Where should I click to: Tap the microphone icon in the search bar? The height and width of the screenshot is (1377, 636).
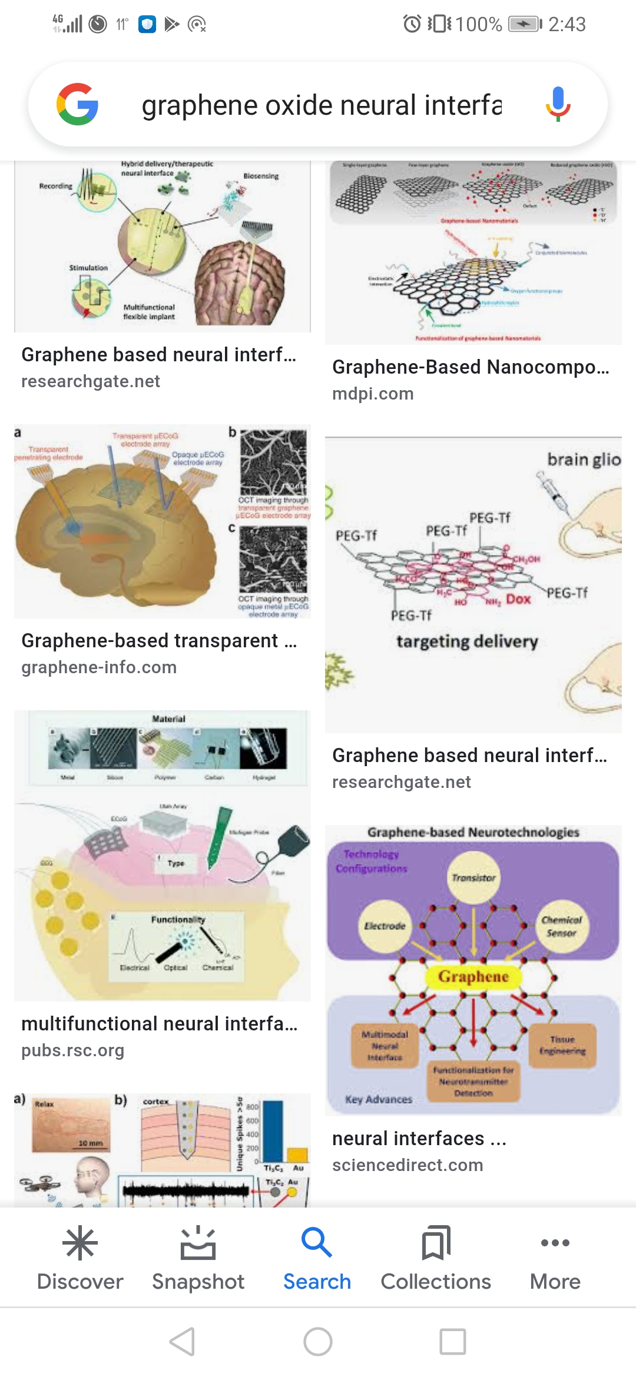pos(558,104)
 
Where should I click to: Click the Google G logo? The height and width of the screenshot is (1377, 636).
pos(78,104)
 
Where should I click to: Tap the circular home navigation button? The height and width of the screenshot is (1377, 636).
pos(318,1342)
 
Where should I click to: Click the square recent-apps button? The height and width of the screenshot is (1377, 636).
pos(453,1342)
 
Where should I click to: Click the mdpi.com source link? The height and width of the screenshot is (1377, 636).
pos(373,394)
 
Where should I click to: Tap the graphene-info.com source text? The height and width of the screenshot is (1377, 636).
pos(99,667)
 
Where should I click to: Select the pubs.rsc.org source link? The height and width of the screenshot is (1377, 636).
pos(73,1050)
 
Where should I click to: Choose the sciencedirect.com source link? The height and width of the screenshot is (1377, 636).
pos(408,1165)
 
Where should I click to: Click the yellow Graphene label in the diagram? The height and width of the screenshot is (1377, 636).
pos(473,977)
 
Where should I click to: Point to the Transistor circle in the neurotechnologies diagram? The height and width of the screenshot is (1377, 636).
pos(473,877)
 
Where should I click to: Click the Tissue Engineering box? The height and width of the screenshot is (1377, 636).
pos(562,1045)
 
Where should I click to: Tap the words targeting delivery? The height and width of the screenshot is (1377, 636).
pos(467,641)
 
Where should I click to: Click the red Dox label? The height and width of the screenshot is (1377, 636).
pos(518,599)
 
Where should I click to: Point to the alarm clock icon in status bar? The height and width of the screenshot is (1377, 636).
pos(412,24)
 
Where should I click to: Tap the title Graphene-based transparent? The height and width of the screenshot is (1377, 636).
pos(150,640)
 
